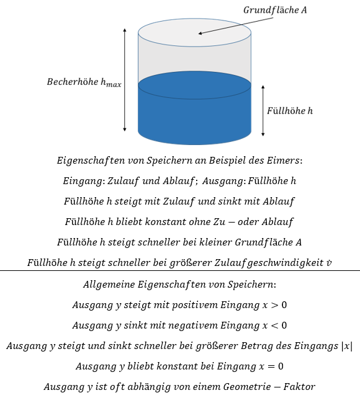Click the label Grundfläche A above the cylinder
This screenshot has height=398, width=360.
275,10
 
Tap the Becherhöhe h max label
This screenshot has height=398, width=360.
84,82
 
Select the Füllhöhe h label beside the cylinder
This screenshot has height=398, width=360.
290,111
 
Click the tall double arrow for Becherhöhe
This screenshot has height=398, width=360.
125,80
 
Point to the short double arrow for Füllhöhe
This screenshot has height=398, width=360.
263,111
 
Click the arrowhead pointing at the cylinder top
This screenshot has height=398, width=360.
200,33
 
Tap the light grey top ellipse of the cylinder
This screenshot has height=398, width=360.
195,32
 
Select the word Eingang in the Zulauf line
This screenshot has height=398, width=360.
83,181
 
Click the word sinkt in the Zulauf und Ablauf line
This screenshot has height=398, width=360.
228,201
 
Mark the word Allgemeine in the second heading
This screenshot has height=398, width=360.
109,285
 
